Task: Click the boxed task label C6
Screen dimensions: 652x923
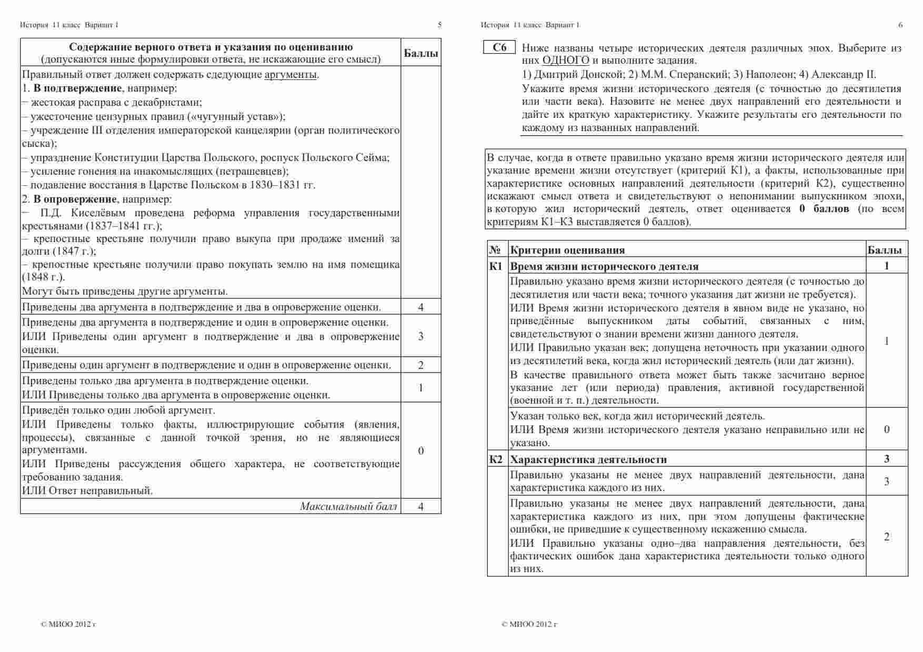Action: click(x=499, y=47)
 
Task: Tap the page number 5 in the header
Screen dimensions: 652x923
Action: click(x=440, y=25)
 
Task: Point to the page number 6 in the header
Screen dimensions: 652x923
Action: click(x=900, y=25)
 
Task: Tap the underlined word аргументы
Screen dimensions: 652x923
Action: click(x=290, y=74)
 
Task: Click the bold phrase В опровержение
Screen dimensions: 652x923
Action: click(x=75, y=199)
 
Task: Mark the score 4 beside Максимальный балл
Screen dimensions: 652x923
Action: click(x=420, y=506)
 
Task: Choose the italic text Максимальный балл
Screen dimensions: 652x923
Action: click(x=348, y=506)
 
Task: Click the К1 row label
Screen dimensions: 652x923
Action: click(x=496, y=266)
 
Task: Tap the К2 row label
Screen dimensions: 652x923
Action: click(x=496, y=459)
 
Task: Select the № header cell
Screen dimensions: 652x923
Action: click(x=495, y=250)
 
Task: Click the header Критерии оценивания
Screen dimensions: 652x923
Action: click(x=567, y=250)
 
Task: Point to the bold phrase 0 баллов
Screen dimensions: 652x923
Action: click(x=824, y=208)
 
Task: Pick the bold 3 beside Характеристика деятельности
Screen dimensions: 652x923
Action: click(x=887, y=459)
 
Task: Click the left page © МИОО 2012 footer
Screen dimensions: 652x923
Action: click(x=68, y=624)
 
